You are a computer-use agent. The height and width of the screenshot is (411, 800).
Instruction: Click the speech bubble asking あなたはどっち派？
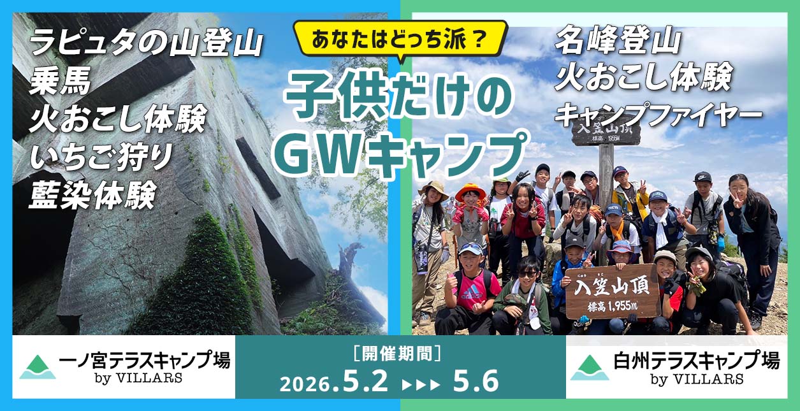(400, 40)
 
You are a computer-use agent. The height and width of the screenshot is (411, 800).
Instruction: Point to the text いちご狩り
(100, 157)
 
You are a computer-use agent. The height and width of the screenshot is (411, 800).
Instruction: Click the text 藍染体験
(92, 195)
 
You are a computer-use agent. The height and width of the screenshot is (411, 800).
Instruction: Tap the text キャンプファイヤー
(658, 114)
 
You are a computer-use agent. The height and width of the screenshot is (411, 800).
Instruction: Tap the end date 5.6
(476, 382)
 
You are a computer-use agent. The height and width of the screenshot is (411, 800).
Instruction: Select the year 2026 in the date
(305, 384)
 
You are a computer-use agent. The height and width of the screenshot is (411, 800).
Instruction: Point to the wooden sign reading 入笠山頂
(611, 290)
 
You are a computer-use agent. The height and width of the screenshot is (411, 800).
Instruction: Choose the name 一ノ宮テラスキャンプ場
(144, 361)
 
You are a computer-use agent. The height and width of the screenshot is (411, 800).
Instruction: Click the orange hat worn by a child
(470, 190)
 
